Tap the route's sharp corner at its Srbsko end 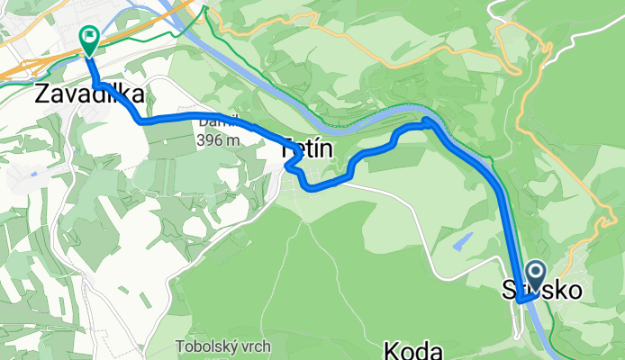tap(521, 303)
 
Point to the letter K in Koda tap(393, 349)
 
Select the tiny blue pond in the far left tap(32, 173)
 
